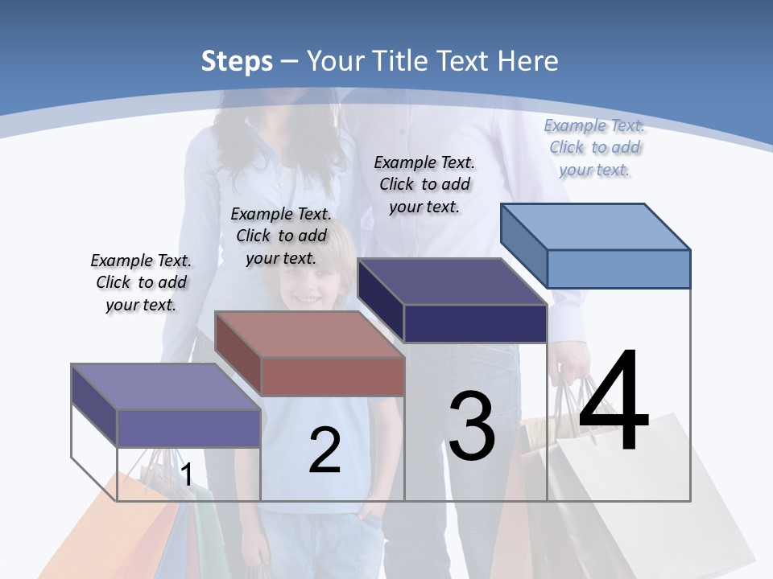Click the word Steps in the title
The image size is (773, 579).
(x=237, y=61)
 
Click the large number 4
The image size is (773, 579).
(x=614, y=401)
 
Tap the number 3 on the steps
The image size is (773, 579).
(x=472, y=425)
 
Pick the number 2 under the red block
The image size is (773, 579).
(x=324, y=450)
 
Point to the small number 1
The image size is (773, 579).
(x=186, y=474)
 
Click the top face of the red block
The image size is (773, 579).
(x=309, y=334)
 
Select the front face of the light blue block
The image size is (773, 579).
(x=618, y=269)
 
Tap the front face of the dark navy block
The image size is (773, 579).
(x=475, y=323)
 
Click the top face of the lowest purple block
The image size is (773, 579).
(x=166, y=387)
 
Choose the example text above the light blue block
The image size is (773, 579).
(x=594, y=147)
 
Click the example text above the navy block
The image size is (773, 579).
(x=424, y=184)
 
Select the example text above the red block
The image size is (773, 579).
(x=281, y=236)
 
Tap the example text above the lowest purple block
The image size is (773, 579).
(x=141, y=282)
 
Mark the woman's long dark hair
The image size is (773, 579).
(x=242, y=153)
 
